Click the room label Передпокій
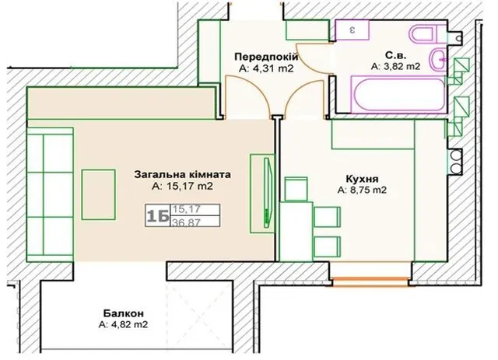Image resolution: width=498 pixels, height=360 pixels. pyautogui.click(x=266, y=58)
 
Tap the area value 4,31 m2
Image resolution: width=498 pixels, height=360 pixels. pyautogui.click(x=273, y=68)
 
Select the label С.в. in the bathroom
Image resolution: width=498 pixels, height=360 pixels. pyautogui.click(x=396, y=55)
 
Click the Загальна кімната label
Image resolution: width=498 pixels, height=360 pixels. pyautogui.click(x=182, y=175)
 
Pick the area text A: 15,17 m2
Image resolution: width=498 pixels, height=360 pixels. pyautogui.click(x=182, y=186)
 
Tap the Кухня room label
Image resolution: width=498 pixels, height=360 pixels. pyautogui.click(x=362, y=179)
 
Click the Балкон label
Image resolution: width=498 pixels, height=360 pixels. pyautogui.click(x=124, y=313)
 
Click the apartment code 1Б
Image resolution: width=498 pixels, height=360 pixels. pyautogui.click(x=157, y=216)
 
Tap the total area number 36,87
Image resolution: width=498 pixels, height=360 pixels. pyautogui.click(x=187, y=222)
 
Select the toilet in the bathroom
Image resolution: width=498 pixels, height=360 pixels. pyautogui.click(x=426, y=33)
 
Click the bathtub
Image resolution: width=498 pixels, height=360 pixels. pyautogui.click(x=399, y=94)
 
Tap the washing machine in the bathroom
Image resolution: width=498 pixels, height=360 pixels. pyautogui.click(x=352, y=30)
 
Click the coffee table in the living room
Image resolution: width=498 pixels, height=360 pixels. pyautogui.click(x=99, y=194)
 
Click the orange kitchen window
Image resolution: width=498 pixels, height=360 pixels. pyautogui.click(x=371, y=282)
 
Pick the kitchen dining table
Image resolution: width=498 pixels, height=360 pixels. pyautogui.click(x=296, y=231)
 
